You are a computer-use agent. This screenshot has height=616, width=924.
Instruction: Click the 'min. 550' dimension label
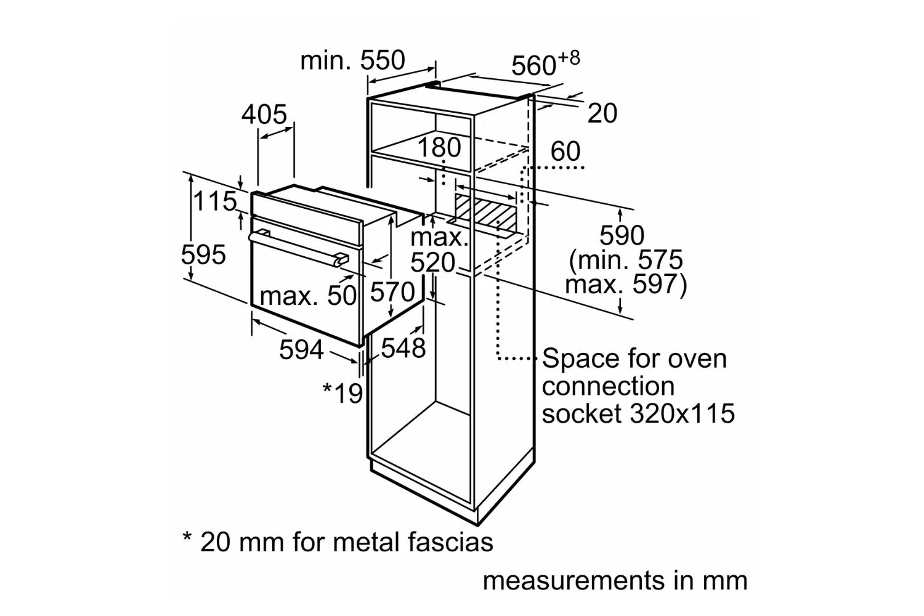tap(353, 60)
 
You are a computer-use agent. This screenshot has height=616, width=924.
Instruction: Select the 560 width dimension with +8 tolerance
tap(545, 64)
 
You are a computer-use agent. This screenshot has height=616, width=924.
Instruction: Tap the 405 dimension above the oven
tap(264, 115)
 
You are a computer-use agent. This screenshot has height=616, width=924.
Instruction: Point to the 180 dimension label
tap(439, 147)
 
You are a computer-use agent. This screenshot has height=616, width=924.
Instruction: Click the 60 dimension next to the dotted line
tap(565, 151)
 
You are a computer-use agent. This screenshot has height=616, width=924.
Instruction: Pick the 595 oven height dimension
tap(203, 254)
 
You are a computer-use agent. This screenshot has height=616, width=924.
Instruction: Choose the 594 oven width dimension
tap(302, 350)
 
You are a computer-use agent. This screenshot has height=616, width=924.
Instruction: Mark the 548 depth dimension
tap(403, 348)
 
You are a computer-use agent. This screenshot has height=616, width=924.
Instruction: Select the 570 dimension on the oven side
tap(392, 292)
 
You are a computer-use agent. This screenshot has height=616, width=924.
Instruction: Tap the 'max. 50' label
tap(308, 296)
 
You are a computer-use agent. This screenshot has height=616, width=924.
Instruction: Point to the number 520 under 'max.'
tap(432, 262)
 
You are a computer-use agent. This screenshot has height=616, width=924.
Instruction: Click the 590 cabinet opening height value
tap(622, 235)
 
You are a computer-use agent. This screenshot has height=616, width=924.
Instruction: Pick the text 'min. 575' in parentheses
tap(626, 260)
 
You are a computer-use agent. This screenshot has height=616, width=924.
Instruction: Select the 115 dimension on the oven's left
tap(215, 201)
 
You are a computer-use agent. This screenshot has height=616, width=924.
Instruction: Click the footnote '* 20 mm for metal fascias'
tap(338, 541)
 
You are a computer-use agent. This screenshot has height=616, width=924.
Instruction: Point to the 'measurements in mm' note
tap(615, 581)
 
